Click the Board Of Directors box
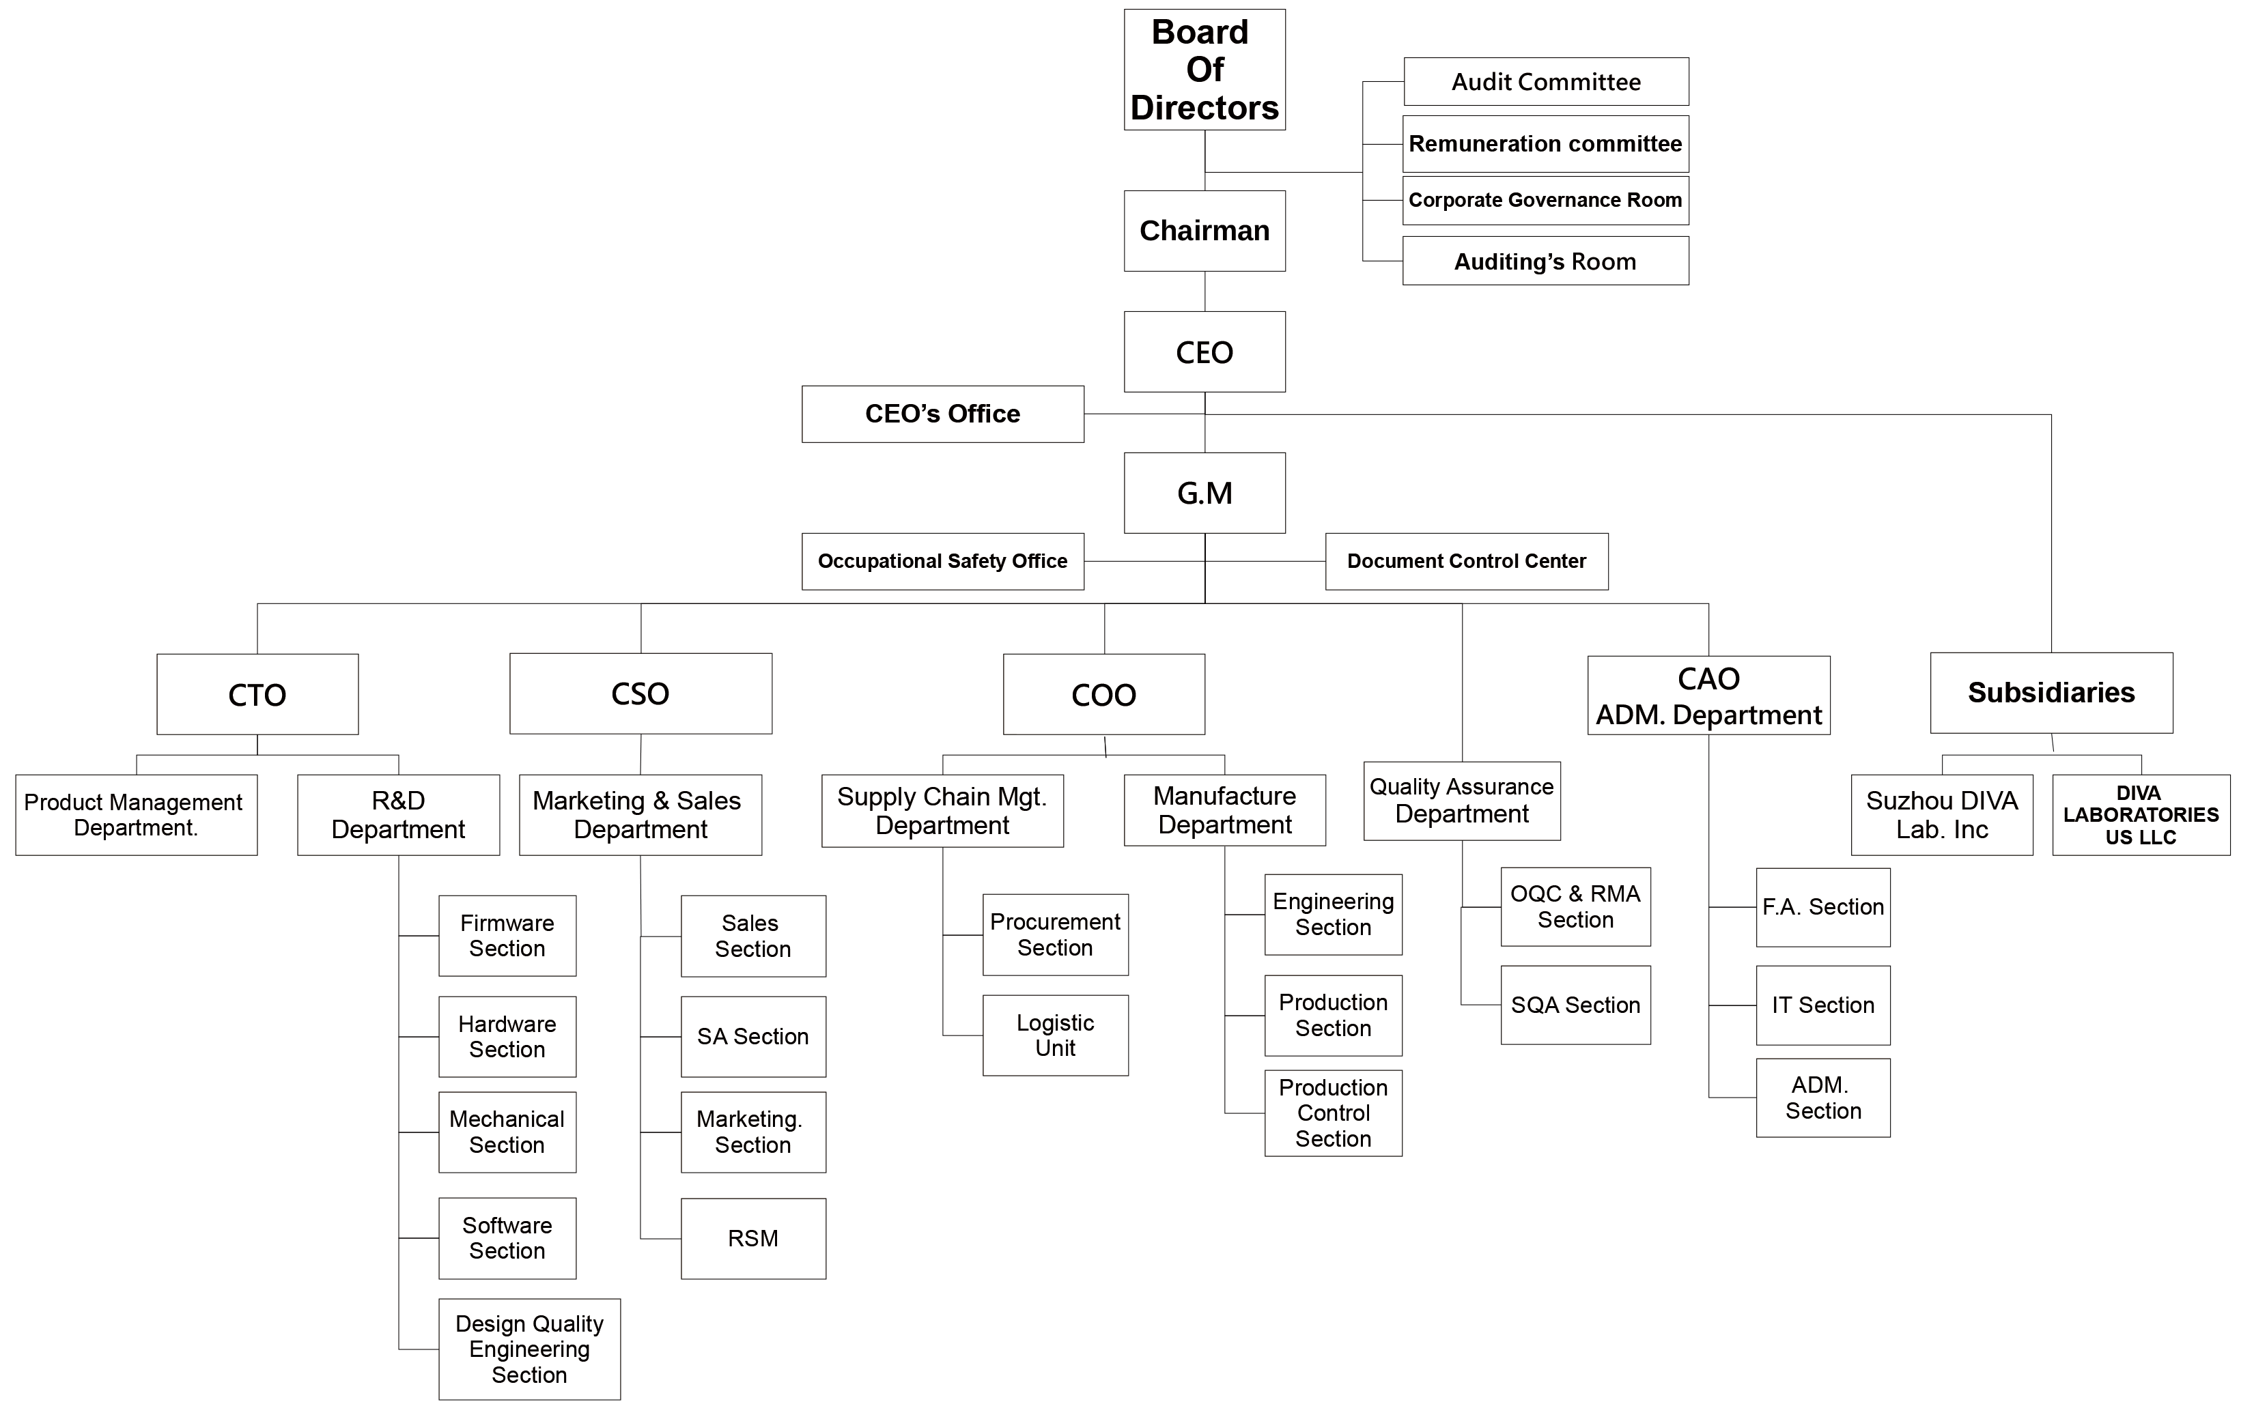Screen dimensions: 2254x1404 [x=1205, y=70]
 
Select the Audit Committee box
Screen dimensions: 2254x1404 [x=1547, y=82]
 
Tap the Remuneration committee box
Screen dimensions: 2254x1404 [x=1545, y=144]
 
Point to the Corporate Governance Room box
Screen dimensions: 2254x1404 [x=1545, y=201]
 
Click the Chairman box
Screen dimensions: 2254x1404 [x=1205, y=231]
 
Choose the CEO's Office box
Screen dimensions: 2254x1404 [x=943, y=414]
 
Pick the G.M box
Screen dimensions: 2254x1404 [x=1205, y=493]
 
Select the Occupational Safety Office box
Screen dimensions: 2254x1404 [x=943, y=562]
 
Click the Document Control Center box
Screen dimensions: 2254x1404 [x=1467, y=562]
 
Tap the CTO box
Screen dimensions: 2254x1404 [x=257, y=695]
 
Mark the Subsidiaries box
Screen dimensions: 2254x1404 [x=2051, y=693]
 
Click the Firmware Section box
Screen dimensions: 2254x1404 [x=507, y=936]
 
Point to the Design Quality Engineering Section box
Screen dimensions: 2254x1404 [x=529, y=1349]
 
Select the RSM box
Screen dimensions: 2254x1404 [x=753, y=1239]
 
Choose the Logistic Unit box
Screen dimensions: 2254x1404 [x=1055, y=1035]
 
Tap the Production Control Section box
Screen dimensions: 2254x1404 [x=1333, y=1113]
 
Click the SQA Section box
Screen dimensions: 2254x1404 [x=1575, y=1005]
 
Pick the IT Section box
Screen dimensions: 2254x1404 [x=1823, y=1005]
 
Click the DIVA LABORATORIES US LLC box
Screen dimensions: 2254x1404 [x=2141, y=815]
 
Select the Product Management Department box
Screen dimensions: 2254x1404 [x=137, y=815]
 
